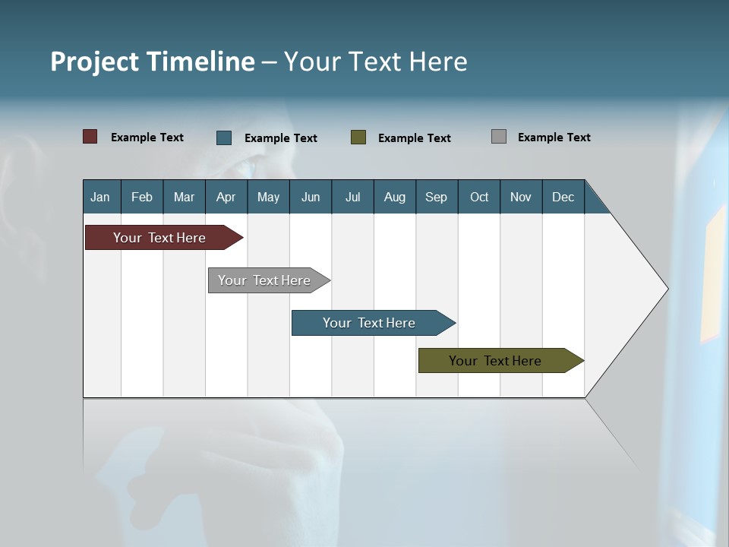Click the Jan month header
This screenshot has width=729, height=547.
100,197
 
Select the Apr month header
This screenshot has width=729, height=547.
226,197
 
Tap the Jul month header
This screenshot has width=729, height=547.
352,197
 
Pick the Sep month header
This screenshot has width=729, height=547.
436,197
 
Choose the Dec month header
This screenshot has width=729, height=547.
563,197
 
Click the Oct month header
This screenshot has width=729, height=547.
479,197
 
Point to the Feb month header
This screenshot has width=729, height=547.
142,197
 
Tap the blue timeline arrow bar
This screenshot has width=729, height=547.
370,323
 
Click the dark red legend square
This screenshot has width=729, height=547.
90,137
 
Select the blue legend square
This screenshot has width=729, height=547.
224,138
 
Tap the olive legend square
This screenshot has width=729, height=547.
358,138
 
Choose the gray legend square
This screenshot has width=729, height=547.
498,137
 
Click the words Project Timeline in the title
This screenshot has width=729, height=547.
152,62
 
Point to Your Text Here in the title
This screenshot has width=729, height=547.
375,62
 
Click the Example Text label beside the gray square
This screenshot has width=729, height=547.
554,138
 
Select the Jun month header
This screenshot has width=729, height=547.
311,197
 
